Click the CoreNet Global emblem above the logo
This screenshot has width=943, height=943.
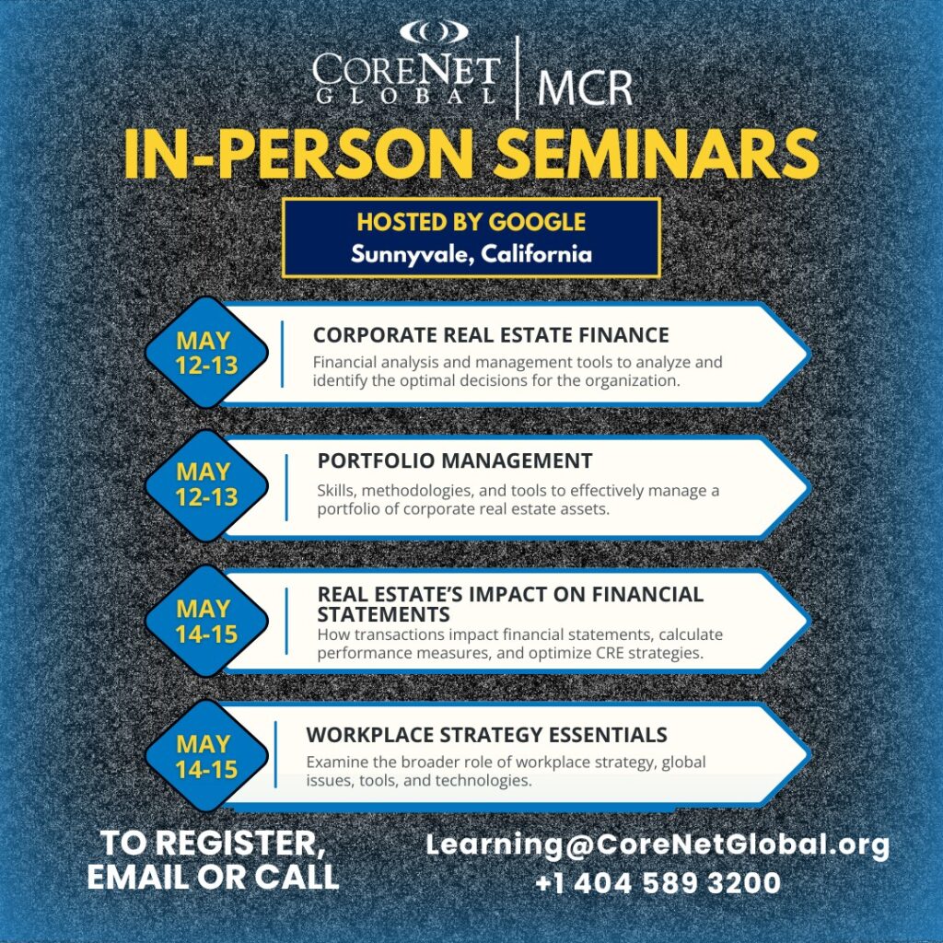point(434,32)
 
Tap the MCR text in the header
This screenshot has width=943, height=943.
point(585,87)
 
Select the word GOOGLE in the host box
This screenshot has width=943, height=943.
point(537,222)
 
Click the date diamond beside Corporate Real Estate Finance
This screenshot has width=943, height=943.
point(206,353)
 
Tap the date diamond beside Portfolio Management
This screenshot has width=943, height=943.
point(206,484)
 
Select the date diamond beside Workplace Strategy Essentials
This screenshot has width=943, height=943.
point(206,756)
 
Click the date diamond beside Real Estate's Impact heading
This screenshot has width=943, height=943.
point(206,622)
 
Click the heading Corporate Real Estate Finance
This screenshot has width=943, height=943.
point(491,335)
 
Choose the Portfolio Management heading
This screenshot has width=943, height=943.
point(455,460)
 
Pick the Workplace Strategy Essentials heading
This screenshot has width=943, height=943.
point(486,735)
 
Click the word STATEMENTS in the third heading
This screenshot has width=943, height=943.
point(384,614)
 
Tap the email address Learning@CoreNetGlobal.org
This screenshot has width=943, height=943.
point(658,845)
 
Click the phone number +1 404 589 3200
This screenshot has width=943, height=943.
point(658,883)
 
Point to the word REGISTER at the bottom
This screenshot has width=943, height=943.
point(240,844)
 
